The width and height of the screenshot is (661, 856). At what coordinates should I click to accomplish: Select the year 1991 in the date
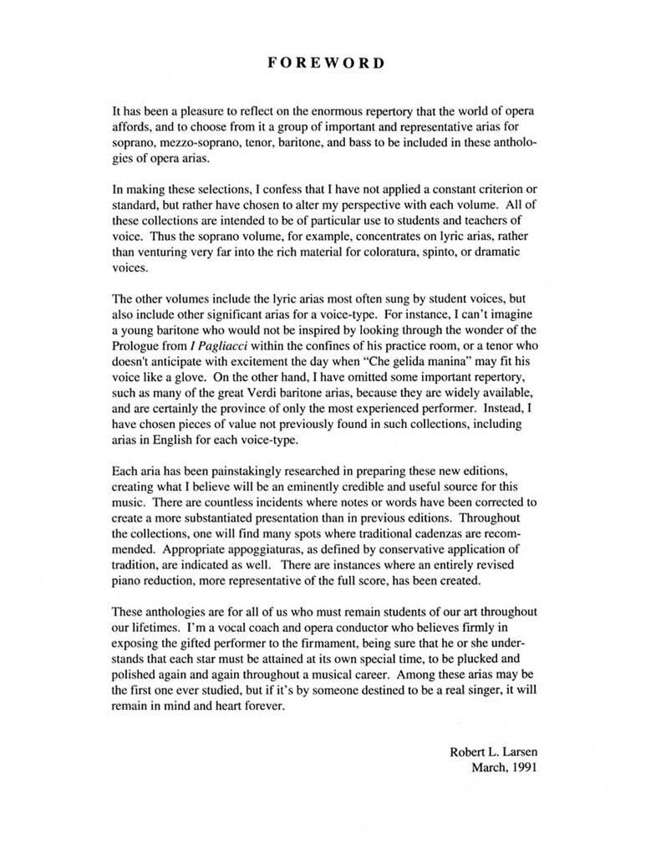point(520,767)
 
